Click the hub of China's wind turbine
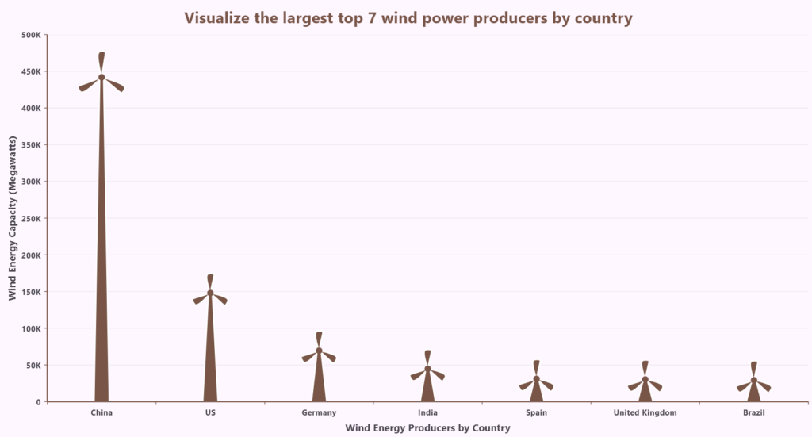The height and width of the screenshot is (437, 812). (101, 77)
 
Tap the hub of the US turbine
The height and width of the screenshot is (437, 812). (210, 293)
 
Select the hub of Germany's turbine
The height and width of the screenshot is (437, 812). (319, 350)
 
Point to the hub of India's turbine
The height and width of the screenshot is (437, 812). (427, 368)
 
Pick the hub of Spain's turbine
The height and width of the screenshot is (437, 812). (536, 378)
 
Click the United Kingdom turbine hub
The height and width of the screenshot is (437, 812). (645, 379)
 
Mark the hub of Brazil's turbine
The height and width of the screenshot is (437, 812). (754, 380)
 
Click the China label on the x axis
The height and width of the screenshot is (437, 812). (101, 412)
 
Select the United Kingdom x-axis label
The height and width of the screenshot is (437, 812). (645, 412)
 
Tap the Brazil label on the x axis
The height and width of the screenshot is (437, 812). (754, 412)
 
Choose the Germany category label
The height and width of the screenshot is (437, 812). (319, 412)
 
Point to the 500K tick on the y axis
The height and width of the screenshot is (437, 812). (32, 35)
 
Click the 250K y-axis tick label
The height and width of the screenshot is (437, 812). (32, 218)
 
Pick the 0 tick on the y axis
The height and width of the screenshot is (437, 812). (38, 402)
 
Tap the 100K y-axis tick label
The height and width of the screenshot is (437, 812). (32, 328)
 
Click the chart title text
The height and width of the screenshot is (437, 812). (408, 17)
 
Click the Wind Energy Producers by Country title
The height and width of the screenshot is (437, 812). (427, 428)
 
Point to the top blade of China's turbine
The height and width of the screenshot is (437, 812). (101, 62)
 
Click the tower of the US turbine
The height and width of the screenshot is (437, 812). (210, 357)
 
